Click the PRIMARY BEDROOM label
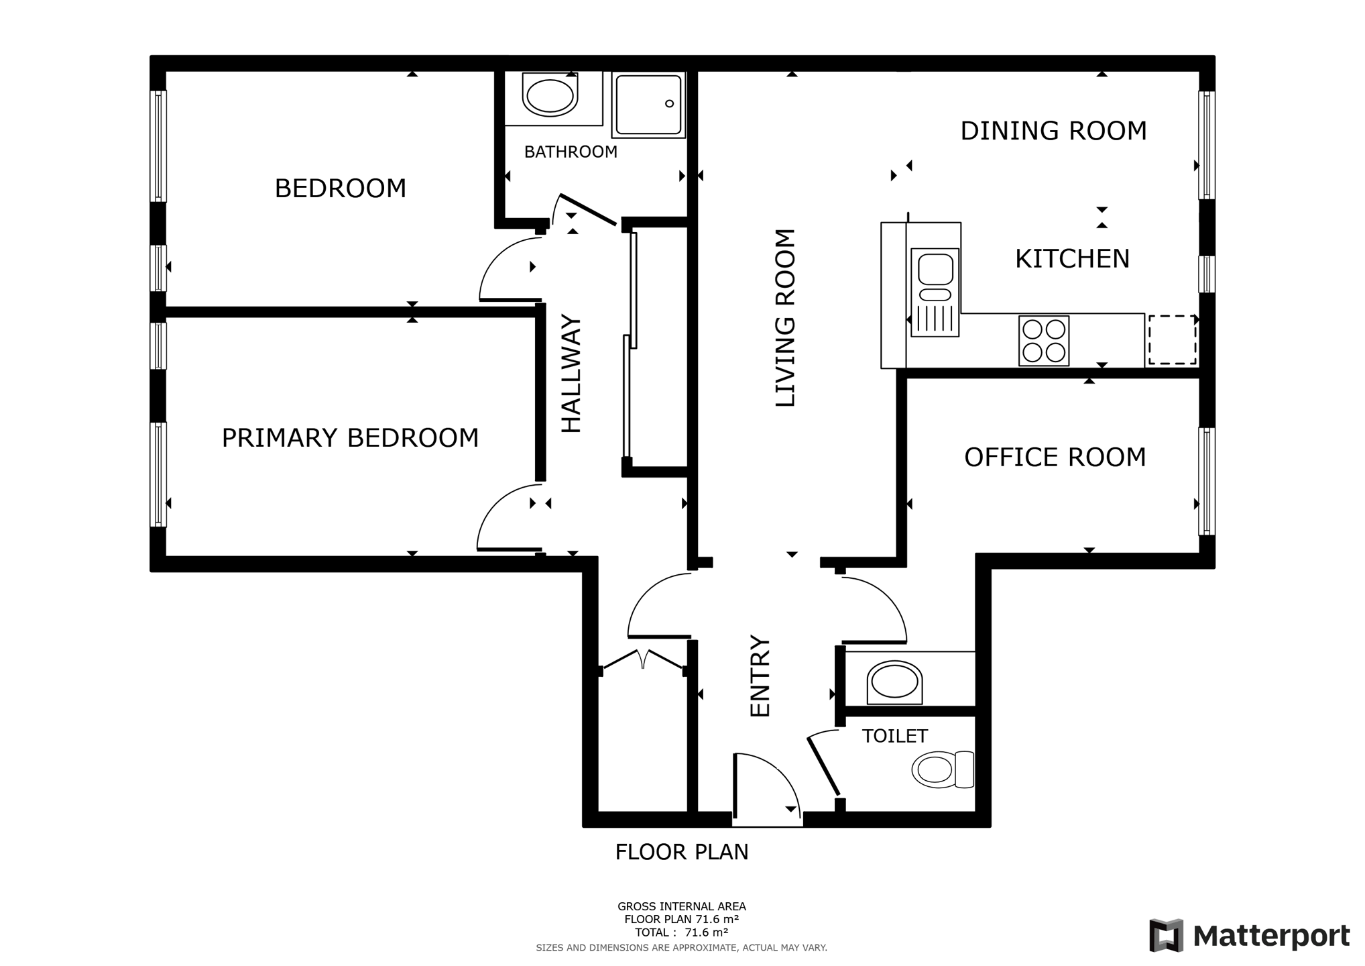coord(350,438)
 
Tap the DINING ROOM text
coord(1053,131)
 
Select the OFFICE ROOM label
coord(1055,458)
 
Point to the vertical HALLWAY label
coord(571,374)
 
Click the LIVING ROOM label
coord(785,318)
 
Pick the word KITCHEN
coord(1072,259)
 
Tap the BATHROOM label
coord(571,152)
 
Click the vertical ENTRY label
coord(760,676)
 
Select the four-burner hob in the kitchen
coord(1044,341)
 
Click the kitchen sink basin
coord(935,269)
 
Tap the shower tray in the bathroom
coord(648,105)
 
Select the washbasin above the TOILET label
coord(894,683)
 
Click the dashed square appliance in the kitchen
coord(1172,340)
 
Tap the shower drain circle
coord(669,103)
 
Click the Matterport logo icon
coord(1166,935)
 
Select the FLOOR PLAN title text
coord(682,853)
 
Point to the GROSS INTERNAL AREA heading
coord(682,906)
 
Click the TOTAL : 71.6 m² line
coord(682,932)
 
